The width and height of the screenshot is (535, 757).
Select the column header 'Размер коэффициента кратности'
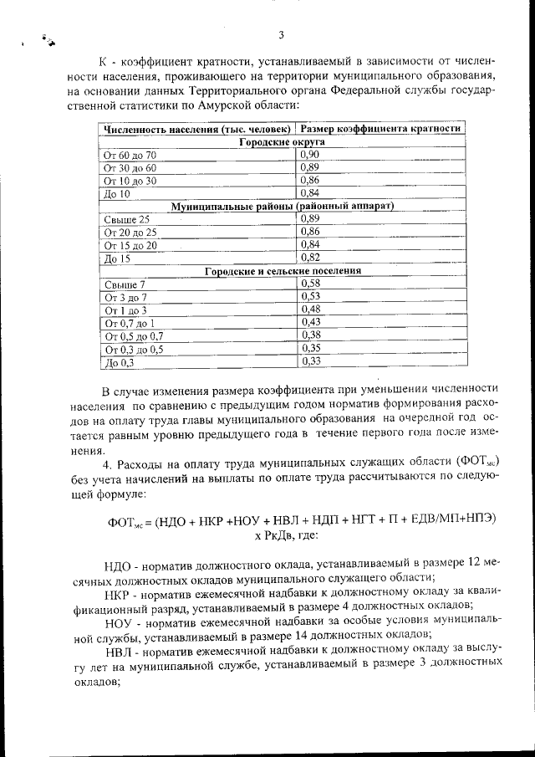coord(380,130)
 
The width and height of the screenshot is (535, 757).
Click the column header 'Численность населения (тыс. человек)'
coord(197,130)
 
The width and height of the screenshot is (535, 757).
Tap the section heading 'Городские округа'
coord(282,142)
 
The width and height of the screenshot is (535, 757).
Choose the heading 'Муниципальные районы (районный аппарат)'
coord(282,206)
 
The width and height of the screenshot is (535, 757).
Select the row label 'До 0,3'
coord(119,361)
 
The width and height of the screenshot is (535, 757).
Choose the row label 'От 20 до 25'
coord(130,232)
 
